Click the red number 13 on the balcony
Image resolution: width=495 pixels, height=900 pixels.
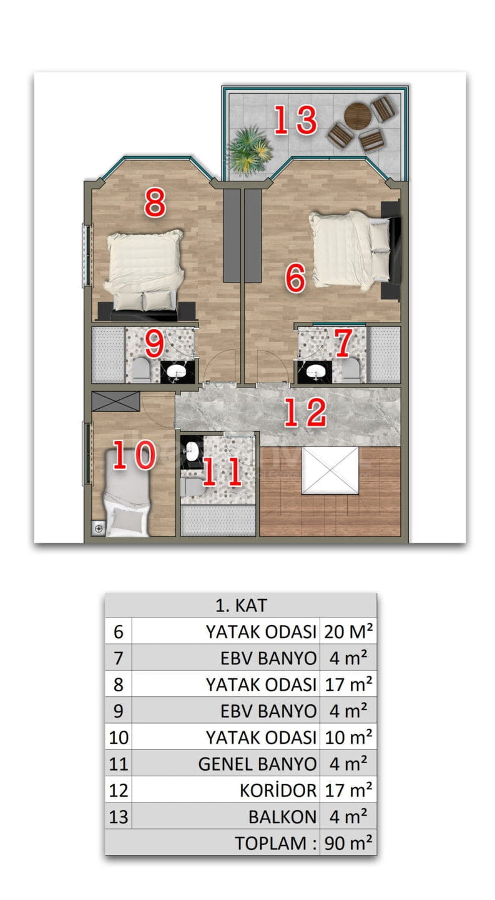tap(296, 119)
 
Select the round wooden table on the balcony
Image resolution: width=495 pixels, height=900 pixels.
tap(358, 116)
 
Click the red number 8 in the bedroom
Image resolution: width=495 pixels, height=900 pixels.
tap(155, 203)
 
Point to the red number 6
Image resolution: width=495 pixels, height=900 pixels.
tap(295, 277)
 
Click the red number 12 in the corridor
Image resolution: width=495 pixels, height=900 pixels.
tap(305, 412)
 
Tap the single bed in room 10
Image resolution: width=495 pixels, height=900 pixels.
tap(127, 492)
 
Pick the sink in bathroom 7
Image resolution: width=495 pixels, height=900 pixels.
tap(315, 372)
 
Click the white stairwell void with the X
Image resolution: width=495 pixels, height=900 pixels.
tap(330, 470)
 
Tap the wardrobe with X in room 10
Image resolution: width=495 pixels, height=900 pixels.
tap(116, 401)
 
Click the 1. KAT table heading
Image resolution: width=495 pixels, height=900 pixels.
tap(241, 605)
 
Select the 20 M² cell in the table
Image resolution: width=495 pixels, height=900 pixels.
tap(348, 632)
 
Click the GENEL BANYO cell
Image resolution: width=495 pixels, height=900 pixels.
tap(258, 764)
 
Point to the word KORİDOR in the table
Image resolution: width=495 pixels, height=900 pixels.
tap(278, 790)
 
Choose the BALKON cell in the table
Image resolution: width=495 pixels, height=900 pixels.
tap(283, 817)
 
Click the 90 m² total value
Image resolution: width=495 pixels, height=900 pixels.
tap(348, 843)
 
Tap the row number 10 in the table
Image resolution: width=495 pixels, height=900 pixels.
tap(119, 737)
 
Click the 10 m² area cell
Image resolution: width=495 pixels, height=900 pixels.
tap(348, 737)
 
